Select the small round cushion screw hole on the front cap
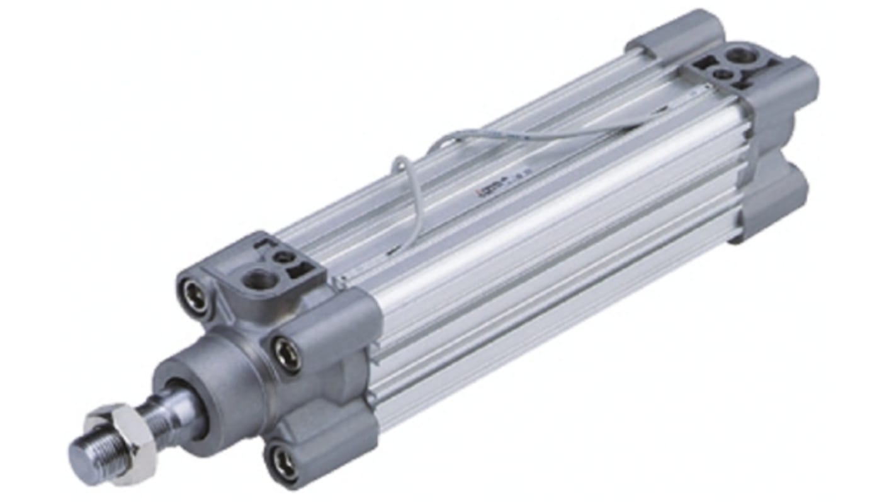point(285,257)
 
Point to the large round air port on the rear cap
point(744,56)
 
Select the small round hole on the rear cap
point(723,74)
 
